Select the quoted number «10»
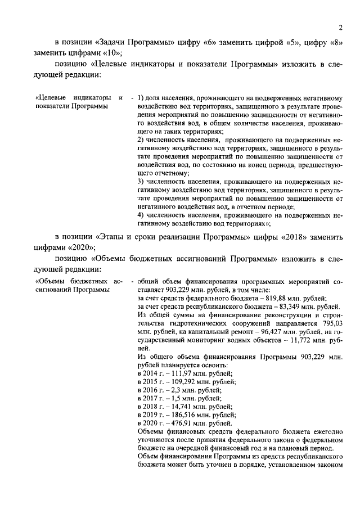[x=106, y=53]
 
